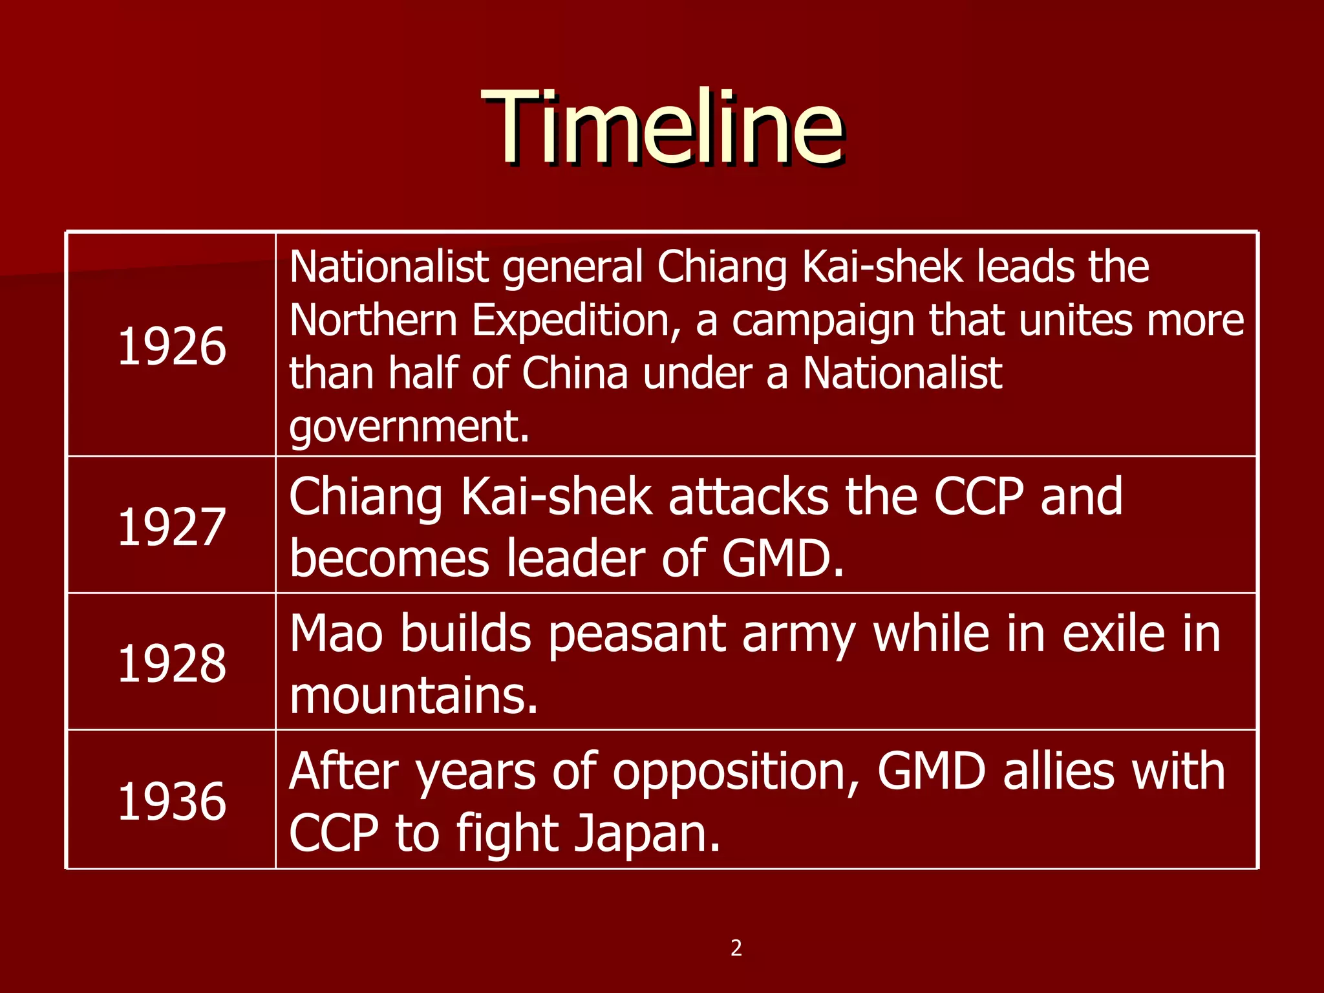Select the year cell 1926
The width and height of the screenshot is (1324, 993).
point(172,347)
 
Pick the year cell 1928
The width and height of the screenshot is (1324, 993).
point(172,664)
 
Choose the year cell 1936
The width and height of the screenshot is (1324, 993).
point(172,802)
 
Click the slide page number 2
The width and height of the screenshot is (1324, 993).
point(736,948)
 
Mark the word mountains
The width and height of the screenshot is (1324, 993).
point(413,696)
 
